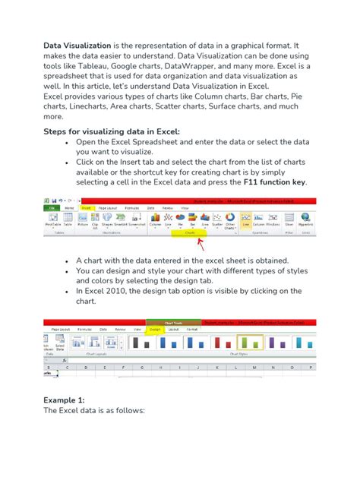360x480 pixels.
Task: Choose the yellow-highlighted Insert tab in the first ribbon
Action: pyautogui.click(x=87, y=207)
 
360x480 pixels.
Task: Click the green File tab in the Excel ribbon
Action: pyautogui.click(x=52, y=207)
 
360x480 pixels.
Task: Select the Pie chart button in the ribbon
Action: pyautogui.click(x=180, y=220)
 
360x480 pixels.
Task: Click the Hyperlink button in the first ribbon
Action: pyautogui.click(x=305, y=220)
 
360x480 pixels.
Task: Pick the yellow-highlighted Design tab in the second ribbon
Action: pyautogui.click(x=155, y=329)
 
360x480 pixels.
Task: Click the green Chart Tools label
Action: pyautogui.click(x=165, y=323)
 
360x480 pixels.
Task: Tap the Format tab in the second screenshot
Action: pyautogui.click(x=192, y=329)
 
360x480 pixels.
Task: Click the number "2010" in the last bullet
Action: pyautogui.click(x=127, y=291)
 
